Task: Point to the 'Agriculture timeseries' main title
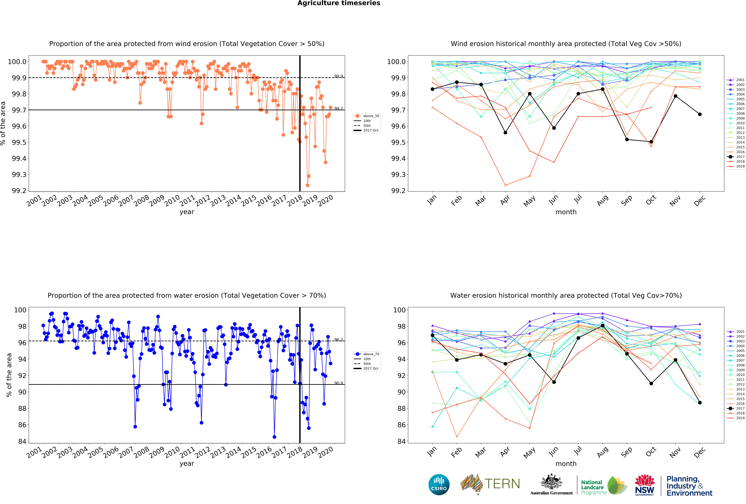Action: pyautogui.click(x=339, y=3)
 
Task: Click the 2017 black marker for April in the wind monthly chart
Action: pyautogui.click(x=505, y=133)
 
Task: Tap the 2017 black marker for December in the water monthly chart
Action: pyautogui.click(x=700, y=403)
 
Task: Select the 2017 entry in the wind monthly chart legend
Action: pyautogui.click(x=738, y=157)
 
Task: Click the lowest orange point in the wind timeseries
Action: pyautogui.click(x=308, y=185)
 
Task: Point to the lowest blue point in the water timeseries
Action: pyautogui.click(x=274, y=437)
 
